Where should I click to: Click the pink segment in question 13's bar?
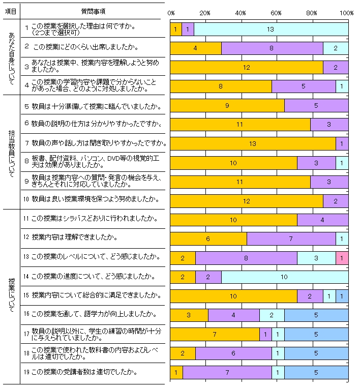tap(342, 258)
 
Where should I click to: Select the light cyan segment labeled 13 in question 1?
tap(271, 29)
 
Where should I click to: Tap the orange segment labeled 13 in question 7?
tap(253, 144)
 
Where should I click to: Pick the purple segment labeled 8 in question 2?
tap(272, 48)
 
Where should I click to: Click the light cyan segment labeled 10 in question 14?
tap(285, 277)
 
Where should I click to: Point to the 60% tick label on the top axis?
tap(276, 12)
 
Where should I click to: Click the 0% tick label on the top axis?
tap(171, 12)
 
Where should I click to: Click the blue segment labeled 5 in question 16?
tap(316, 315)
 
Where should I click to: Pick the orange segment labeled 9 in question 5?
tap(227, 106)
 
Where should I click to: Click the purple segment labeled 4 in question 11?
tap(322, 220)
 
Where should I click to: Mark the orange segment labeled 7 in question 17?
tap(215, 334)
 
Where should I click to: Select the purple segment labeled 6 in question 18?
tap(233, 353)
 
